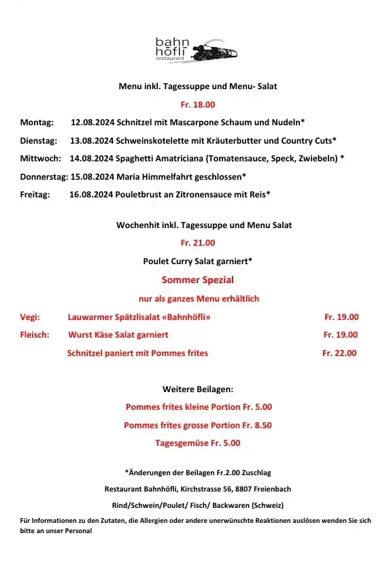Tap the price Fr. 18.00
tap(197, 105)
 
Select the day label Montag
tap(37, 123)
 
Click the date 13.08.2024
tap(92, 141)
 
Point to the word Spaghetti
tap(136, 159)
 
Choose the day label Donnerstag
tap(44, 176)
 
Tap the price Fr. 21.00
tap(197, 242)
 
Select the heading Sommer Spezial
tap(197, 280)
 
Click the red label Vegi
tap(30, 317)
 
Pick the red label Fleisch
tap(35, 335)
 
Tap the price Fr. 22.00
tap(339, 353)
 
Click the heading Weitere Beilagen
tap(197, 389)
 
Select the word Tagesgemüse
tap(182, 443)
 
